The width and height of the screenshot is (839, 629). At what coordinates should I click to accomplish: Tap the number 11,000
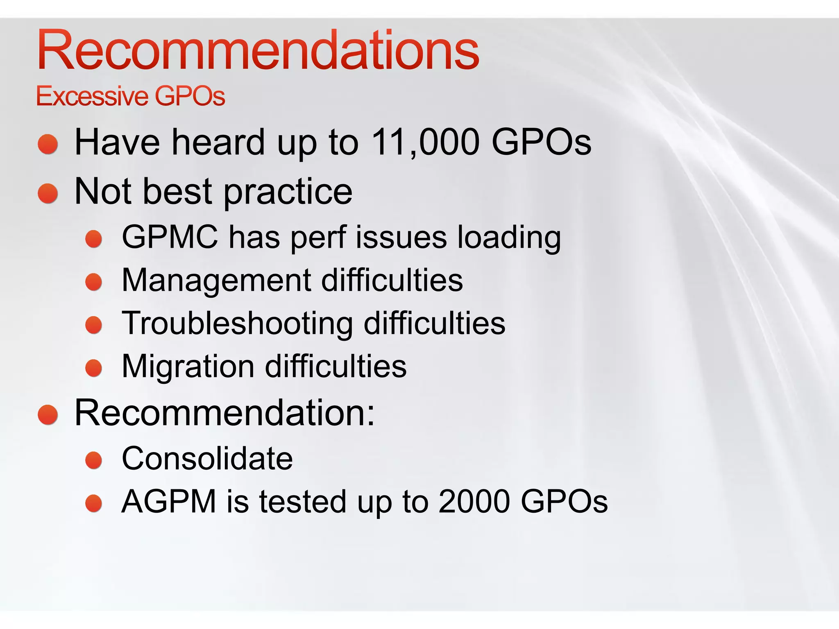click(425, 142)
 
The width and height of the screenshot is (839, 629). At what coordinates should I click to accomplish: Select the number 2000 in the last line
click(474, 501)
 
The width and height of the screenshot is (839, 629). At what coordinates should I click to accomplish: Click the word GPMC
click(170, 237)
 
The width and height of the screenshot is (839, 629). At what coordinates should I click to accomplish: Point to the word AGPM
click(169, 501)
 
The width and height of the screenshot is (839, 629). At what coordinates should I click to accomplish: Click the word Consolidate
click(207, 458)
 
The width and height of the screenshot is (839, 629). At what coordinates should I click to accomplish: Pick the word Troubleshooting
click(238, 323)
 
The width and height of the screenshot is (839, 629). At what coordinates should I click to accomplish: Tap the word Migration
click(188, 366)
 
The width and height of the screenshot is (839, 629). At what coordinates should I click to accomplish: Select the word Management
click(217, 280)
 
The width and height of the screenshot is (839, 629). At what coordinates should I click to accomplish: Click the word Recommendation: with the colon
click(224, 412)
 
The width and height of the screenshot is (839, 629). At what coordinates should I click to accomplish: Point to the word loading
click(509, 238)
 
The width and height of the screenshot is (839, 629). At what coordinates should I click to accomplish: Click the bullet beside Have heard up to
click(48, 144)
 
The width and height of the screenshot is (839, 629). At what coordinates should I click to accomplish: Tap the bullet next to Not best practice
click(48, 193)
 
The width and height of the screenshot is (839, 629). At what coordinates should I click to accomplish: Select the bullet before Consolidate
click(94, 460)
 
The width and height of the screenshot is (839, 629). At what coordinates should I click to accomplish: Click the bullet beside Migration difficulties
click(94, 368)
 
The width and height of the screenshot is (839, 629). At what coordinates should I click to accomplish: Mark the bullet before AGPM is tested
click(94, 503)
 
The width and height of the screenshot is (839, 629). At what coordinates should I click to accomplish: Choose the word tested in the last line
click(303, 501)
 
